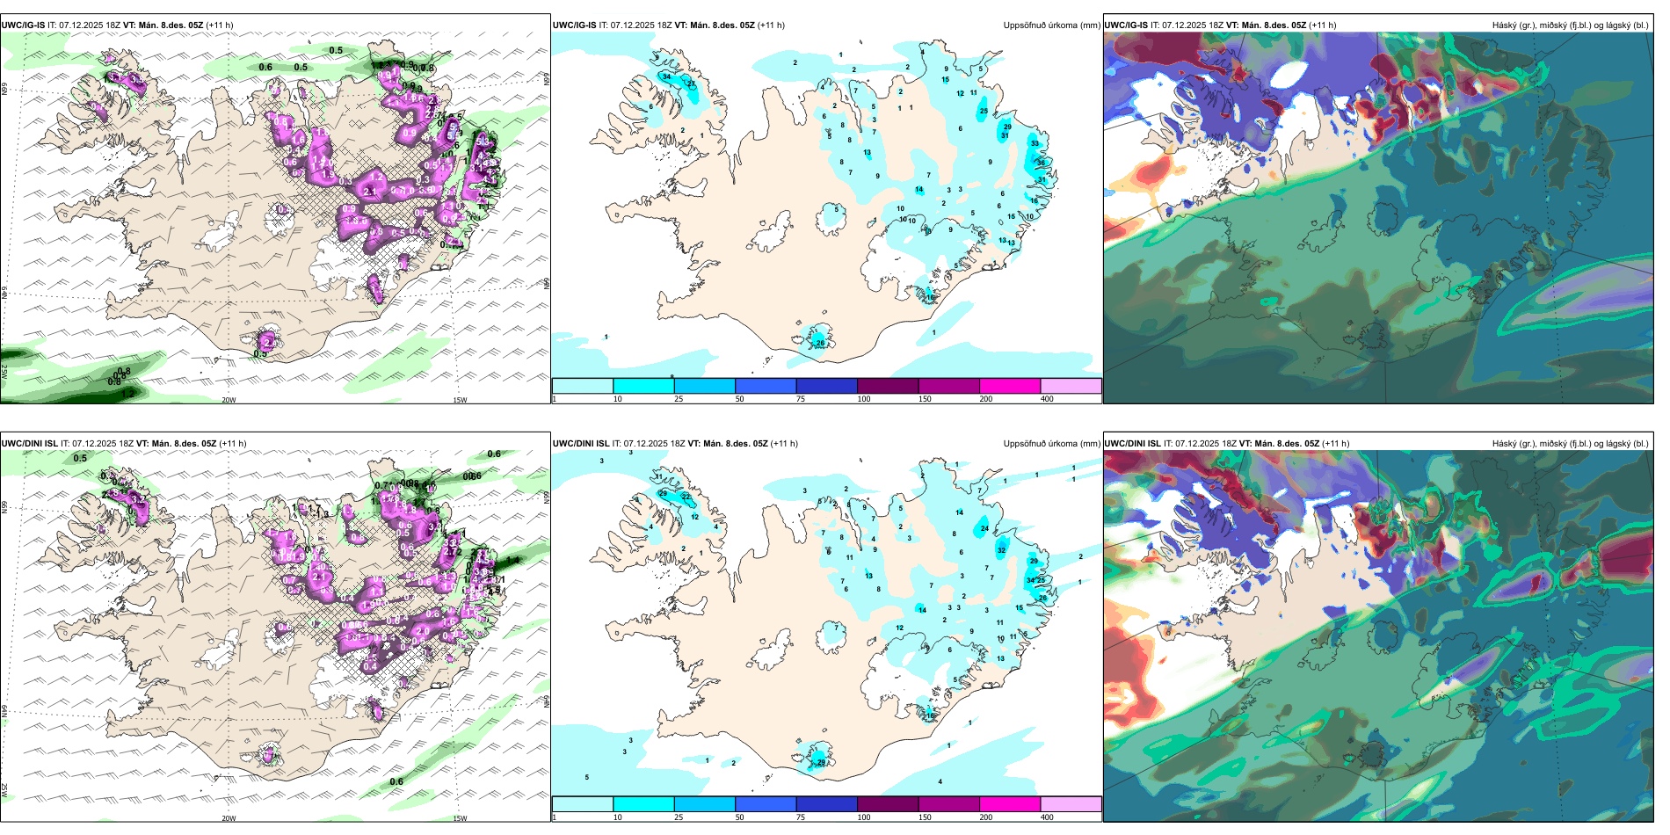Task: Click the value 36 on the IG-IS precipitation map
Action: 1042,163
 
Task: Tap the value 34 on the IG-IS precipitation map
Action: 666,76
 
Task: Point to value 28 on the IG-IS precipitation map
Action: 820,343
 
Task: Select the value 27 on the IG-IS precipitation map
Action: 691,84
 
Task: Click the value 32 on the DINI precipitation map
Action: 1001,550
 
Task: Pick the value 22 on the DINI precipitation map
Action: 686,497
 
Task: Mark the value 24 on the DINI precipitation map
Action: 984,529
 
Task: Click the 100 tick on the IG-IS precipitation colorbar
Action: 864,399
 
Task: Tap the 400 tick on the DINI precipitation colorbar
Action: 1047,817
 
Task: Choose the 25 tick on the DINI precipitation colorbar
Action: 679,817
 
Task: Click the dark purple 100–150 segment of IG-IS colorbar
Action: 888,386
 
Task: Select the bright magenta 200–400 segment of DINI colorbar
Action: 1010,804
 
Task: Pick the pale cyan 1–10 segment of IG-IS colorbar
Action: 583,386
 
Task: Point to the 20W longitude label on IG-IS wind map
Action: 229,400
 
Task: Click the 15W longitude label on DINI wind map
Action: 460,818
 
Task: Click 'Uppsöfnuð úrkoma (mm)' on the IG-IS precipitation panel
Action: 1051,25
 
